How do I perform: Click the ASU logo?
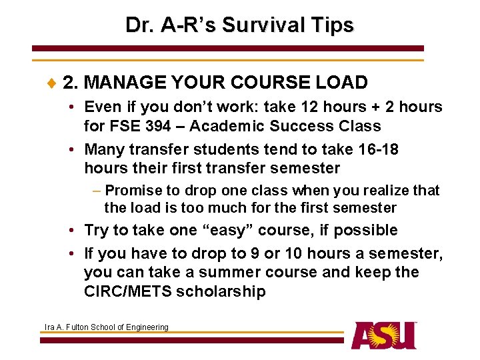click(384, 335)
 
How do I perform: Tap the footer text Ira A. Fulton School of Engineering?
click(106, 327)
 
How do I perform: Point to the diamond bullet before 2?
click(53, 83)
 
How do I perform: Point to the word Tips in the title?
click(332, 25)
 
